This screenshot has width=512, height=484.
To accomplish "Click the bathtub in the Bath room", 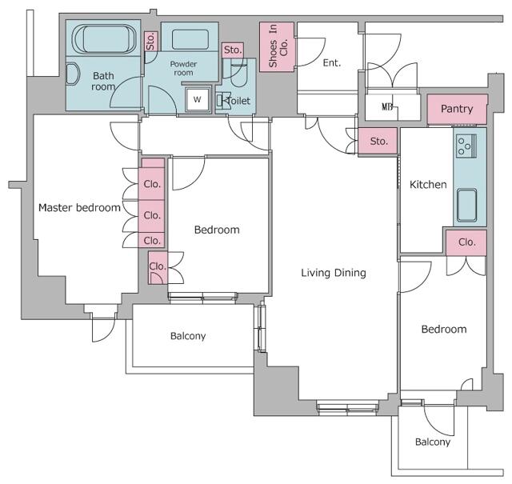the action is (x=104, y=38).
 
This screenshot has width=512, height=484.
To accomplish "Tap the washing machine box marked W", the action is (x=198, y=99).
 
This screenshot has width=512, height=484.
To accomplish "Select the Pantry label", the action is (x=457, y=109).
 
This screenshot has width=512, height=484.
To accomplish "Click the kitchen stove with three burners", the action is (x=466, y=146).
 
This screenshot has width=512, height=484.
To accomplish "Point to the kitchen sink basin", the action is (x=466, y=205).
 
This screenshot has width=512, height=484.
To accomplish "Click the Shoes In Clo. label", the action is (x=278, y=46).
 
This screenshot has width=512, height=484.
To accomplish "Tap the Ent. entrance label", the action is (x=332, y=62).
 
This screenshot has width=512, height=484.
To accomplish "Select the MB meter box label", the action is (x=387, y=106).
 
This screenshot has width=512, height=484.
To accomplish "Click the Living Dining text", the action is (x=334, y=273).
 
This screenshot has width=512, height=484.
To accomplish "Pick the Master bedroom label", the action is (x=79, y=208).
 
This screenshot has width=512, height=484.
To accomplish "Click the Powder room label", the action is (x=183, y=68).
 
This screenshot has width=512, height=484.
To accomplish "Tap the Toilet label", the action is (x=238, y=101).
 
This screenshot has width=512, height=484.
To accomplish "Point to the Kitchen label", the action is (x=428, y=185).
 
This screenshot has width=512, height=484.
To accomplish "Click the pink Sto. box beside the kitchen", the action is (x=378, y=141).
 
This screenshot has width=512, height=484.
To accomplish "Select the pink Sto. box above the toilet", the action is (x=233, y=50).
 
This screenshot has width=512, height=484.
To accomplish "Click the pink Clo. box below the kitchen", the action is (x=466, y=242).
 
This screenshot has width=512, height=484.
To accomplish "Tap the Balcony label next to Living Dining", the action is (x=188, y=336).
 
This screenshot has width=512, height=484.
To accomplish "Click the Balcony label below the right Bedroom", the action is (x=433, y=442).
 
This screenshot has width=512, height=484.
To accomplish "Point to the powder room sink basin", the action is (x=190, y=39).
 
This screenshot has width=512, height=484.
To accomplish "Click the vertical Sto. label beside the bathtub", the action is (x=150, y=41).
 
